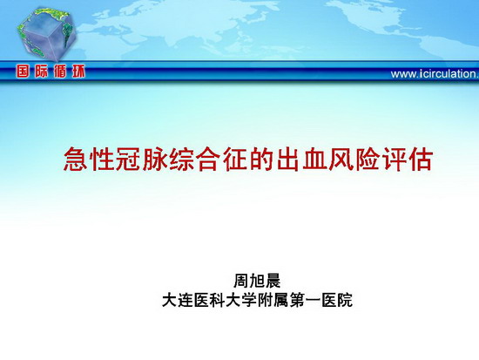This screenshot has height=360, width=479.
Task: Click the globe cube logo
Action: tap(46, 34)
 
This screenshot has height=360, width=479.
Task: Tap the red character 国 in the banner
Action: tap(24, 71)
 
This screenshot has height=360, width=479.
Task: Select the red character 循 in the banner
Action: tap(60, 71)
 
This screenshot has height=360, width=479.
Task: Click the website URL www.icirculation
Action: tap(435, 74)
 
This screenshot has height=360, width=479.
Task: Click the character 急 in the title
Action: tap(76, 159)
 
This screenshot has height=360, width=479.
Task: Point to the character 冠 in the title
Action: tap(129, 159)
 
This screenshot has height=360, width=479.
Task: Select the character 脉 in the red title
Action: tap(156, 159)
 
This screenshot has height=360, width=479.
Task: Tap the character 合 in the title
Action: tap(208, 159)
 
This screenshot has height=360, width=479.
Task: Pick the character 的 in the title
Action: tap(261, 159)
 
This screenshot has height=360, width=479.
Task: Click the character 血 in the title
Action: tap(314, 159)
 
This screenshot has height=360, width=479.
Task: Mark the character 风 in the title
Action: tap(341, 159)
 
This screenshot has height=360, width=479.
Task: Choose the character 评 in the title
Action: tap(394, 159)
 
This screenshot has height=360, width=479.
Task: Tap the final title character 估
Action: tap(420, 159)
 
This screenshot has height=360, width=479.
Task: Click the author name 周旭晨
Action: tap(257, 281)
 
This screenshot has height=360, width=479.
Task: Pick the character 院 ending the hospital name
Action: tap(345, 300)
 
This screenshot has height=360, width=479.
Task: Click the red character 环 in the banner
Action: tap(78, 71)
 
